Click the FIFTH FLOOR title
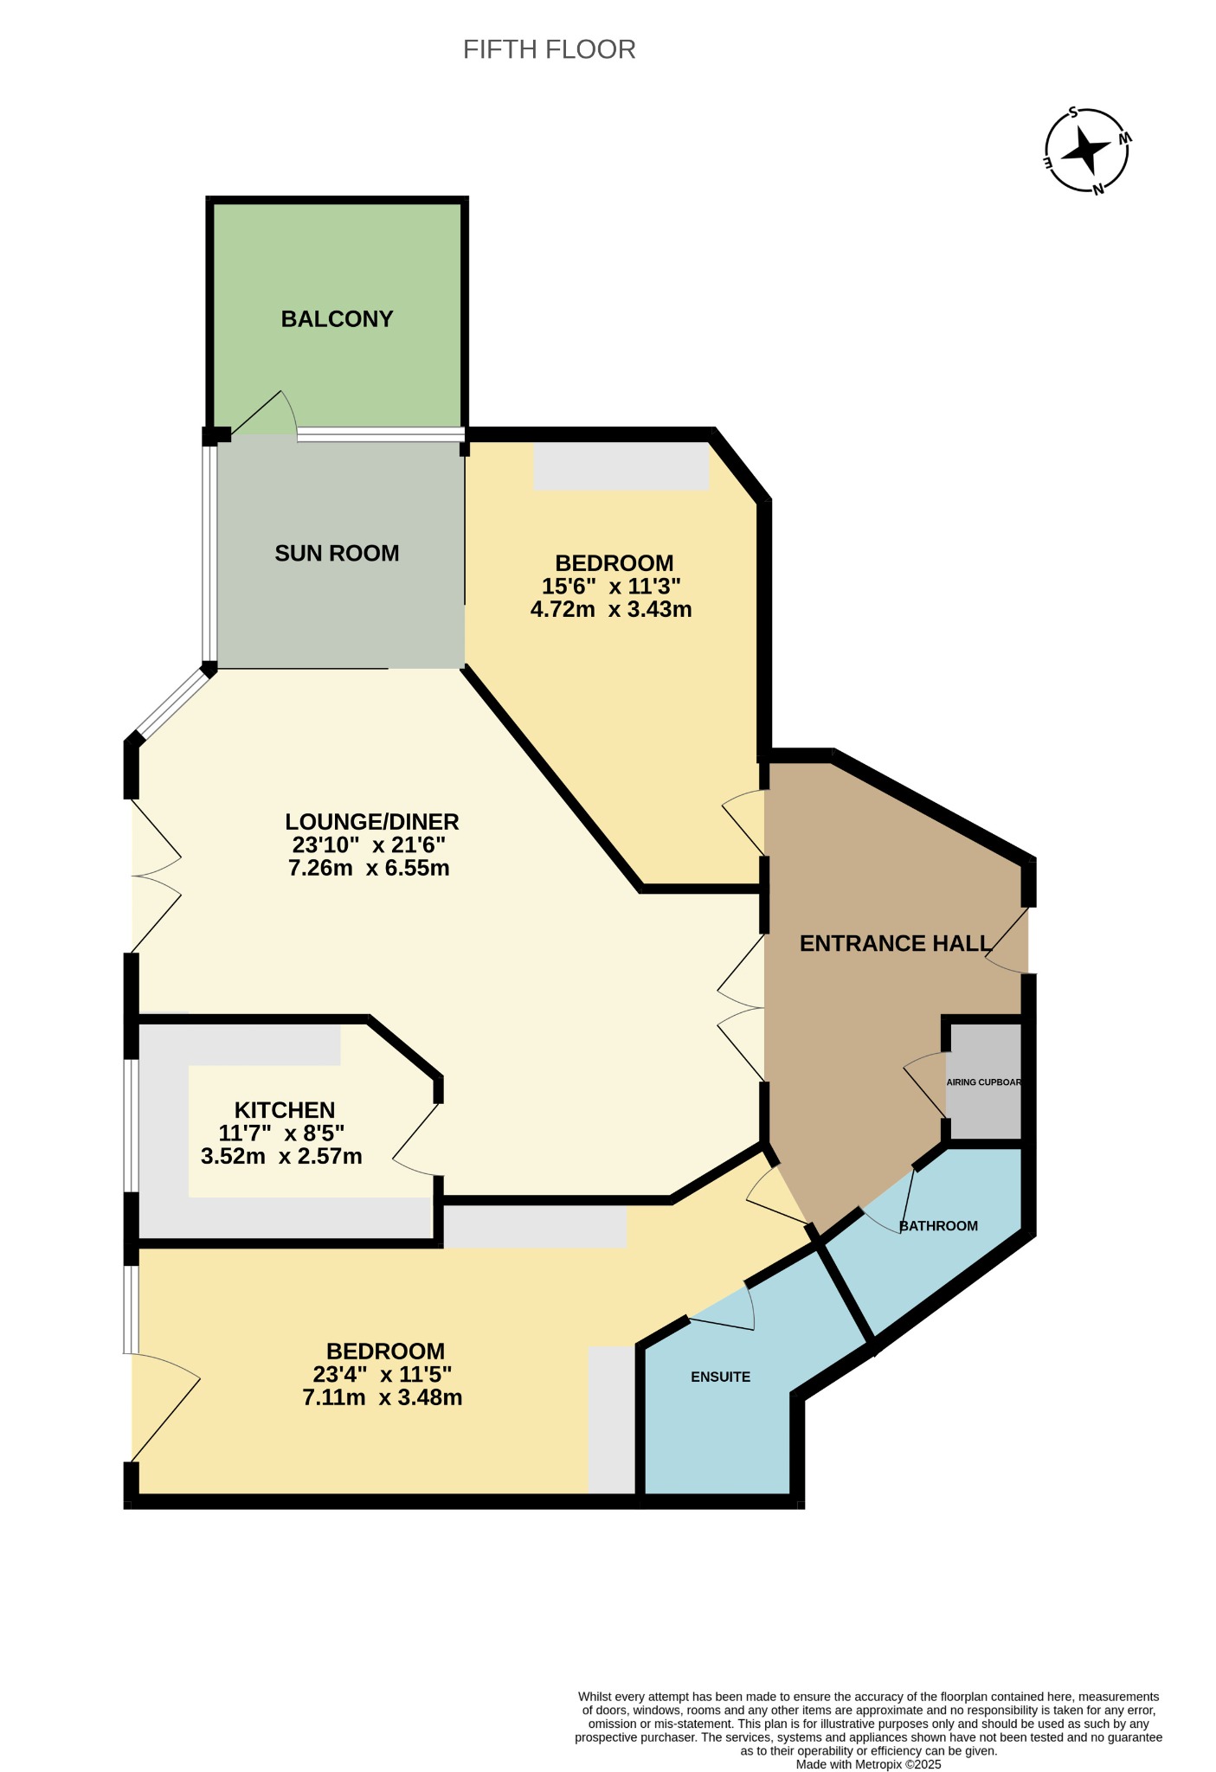click(x=549, y=49)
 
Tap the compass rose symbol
click(x=1087, y=151)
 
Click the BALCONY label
click(x=338, y=319)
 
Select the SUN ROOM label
click(x=337, y=553)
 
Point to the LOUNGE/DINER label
click(x=372, y=821)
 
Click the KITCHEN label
click(x=285, y=1110)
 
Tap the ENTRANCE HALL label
click(x=895, y=943)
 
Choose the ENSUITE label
click(x=720, y=1377)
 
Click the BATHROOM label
click(x=939, y=1226)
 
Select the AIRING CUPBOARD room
click(x=984, y=1082)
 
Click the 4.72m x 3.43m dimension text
click(x=611, y=609)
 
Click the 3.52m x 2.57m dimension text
click(x=281, y=1156)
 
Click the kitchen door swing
click(x=416, y=1138)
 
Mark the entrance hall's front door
click(x=1007, y=940)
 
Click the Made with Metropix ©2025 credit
click(x=868, y=1764)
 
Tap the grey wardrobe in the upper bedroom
click(x=621, y=466)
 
